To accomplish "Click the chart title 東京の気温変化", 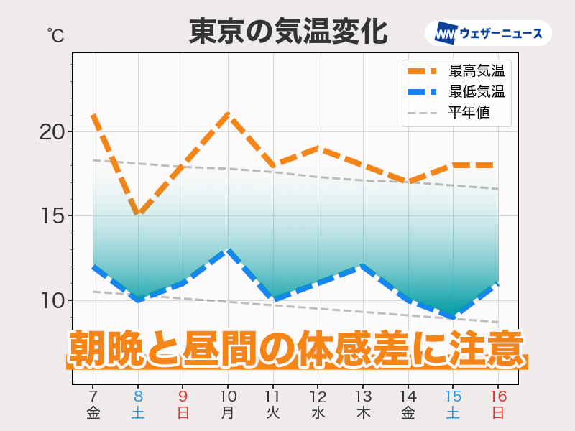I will [x=287, y=32].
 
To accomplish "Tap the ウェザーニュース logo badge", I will [x=488, y=33].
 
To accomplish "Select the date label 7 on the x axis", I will [x=93, y=396].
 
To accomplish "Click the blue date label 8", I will [x=137, y=396].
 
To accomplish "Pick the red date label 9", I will [x=183, y=396].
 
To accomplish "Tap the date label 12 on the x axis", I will [x=318, y=396].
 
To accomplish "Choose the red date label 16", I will [x=497, y=396].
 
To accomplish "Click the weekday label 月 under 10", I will [x=228, y=412].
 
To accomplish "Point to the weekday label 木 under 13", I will [x=363, y=412].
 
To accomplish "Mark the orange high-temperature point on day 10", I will [x=228, y=114].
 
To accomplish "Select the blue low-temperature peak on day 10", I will [x=228, y=250].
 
